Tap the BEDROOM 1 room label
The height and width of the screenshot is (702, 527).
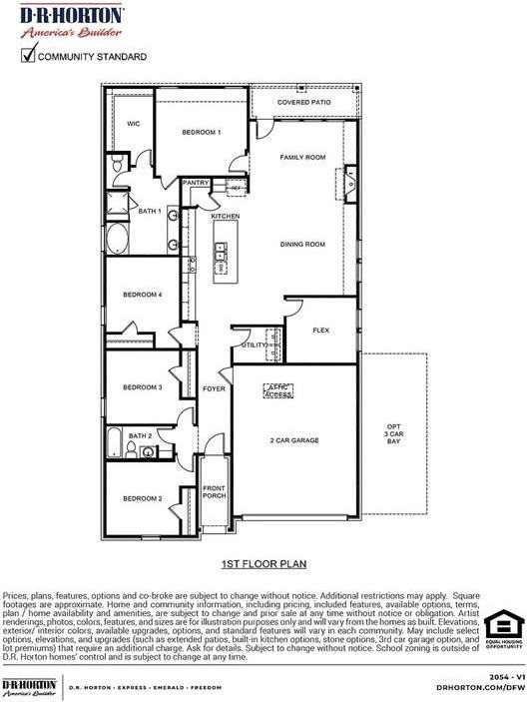(x=201, y=132)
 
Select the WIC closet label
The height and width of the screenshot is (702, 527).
(x=133, y=124)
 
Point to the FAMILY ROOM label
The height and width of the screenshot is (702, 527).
(x=302, y=158)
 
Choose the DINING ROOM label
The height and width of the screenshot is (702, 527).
(x=302, y=244)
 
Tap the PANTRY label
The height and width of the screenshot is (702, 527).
(x=195, y=183)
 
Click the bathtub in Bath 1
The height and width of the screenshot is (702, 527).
(x=118, y=239)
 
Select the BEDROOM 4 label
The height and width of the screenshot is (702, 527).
(x=142, y=295)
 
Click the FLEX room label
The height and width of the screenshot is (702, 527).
(x=320, y=331)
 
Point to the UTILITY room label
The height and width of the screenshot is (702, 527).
(x=254, y=346)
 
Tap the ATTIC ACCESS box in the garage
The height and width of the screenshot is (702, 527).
(x=277, y=390)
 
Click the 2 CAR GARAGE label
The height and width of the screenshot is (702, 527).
(x=293, y=439)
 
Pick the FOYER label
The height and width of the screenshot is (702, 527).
(x=214, y=388)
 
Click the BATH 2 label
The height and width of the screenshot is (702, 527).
(x=140, y=436)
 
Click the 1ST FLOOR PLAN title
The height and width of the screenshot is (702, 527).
(x=263, y=564)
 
